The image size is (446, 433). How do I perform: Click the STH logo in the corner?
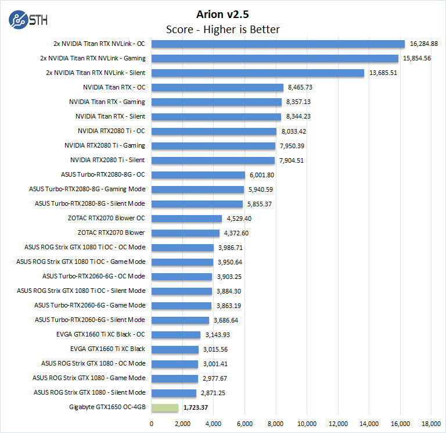28,20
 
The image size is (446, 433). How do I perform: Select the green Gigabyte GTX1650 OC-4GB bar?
164,407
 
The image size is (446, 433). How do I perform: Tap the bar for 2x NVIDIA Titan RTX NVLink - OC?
278,44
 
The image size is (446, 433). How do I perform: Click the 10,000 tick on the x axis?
307,423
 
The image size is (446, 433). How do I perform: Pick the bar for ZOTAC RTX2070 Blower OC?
186,219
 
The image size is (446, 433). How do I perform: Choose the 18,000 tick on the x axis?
431,423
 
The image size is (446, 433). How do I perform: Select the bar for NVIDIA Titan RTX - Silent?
216,116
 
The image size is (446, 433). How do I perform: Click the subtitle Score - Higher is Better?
222,29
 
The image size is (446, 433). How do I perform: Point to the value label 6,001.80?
261,174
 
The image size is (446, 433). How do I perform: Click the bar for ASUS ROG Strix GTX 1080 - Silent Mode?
174,393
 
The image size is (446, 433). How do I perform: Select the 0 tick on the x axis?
152,423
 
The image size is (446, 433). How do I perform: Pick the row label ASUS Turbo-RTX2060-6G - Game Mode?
89,305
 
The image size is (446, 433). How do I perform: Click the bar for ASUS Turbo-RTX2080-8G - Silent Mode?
197,204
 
